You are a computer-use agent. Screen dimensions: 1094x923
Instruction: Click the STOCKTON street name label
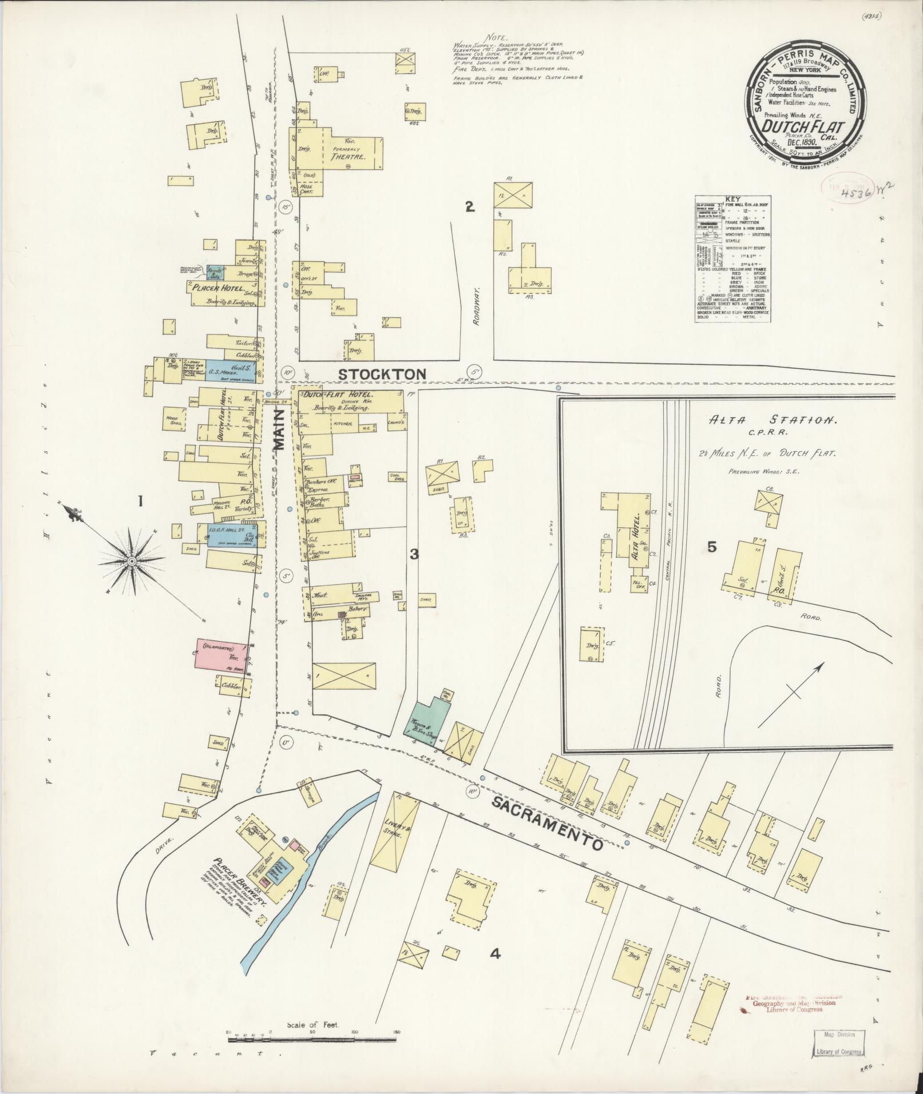click(382, 374)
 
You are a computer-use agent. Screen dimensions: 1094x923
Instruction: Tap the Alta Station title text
click(775, 420)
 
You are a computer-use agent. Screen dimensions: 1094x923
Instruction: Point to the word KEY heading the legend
click(732, 200)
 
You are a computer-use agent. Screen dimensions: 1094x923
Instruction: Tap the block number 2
click(469, 208)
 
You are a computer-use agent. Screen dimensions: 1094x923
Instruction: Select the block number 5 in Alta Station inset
click(711, 547)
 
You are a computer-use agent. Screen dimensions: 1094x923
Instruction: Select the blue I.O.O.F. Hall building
click(227, 535)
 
